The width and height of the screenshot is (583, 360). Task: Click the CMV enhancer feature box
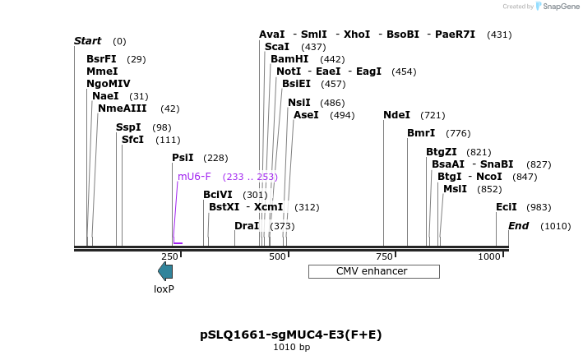point(373,271)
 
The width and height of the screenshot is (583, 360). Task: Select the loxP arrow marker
point(165,271)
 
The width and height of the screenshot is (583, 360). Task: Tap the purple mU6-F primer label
point(194,177)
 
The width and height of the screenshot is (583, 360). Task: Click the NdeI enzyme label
point(396,115)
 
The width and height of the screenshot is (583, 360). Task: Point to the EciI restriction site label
point(507,207)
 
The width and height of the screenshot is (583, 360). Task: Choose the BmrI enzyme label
point(421,133)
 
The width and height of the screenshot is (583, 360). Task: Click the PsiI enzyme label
point(183,158)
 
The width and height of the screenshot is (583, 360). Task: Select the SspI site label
point(128,127)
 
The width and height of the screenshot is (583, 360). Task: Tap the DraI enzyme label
point(247,226)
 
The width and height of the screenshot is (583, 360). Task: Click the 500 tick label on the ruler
point(277,257)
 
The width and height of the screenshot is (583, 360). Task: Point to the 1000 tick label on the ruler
point(489,257)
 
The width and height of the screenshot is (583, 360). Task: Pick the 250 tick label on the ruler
point(169,257)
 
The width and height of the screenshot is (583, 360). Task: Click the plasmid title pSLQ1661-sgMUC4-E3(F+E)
point(291,335)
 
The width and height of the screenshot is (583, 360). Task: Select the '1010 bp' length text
point(291,348)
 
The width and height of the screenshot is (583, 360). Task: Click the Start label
point(87,41)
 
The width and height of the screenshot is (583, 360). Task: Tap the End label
point(518,226)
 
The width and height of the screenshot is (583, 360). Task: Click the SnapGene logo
point(552,7)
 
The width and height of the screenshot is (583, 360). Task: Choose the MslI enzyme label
point(455,189)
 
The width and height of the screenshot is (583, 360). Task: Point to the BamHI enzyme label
point(289,59)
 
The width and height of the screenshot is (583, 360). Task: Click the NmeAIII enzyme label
point(123,108)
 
